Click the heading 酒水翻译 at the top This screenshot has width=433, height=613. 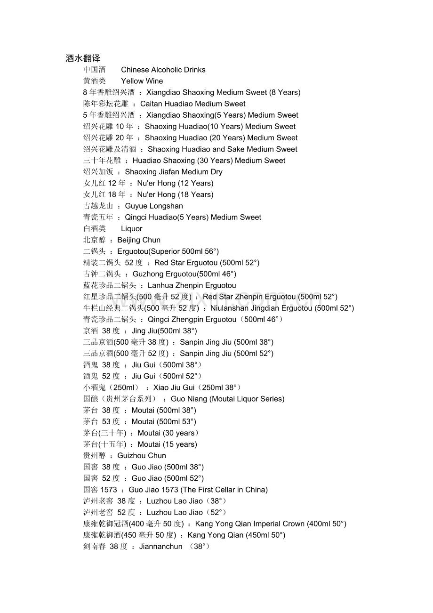(x=83, y=58)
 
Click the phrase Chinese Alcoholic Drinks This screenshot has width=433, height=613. (x=163, y=70)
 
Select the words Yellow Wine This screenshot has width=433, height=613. (x=142, y=81)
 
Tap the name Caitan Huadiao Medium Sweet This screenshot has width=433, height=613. (x=193, y=104)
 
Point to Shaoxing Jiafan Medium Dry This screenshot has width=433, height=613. (x=174, y=172)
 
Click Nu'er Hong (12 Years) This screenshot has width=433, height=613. (x=175, y=183)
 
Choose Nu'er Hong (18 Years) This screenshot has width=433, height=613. (x=175, y=194)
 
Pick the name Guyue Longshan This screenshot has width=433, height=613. (x=154, y=206)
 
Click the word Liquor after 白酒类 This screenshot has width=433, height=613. (x=132, y=228)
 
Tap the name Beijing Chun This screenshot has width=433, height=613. (x=139, y=240)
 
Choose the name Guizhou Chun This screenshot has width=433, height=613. (x=142, y=455)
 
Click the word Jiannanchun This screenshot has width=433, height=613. (x=160, y=546)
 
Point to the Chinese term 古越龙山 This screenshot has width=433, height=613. (x=98, y=206)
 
